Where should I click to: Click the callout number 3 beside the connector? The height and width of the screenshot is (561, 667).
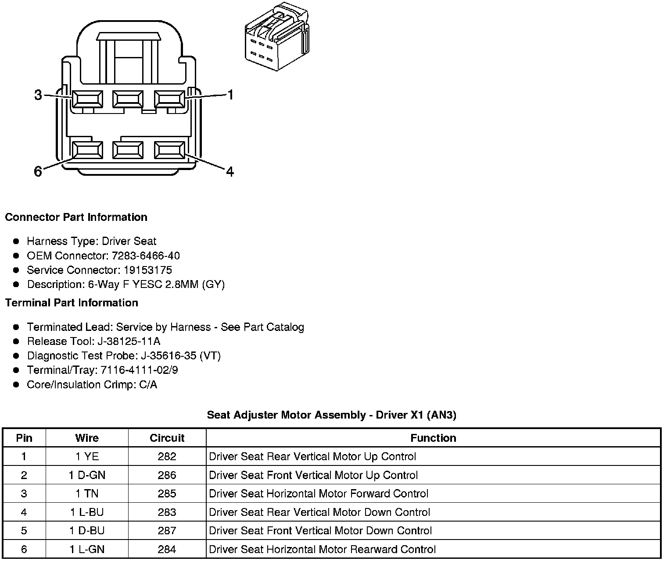(x=38, y=95)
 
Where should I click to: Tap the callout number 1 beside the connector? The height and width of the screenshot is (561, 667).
(x=230, y=95)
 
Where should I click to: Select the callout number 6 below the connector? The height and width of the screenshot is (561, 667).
(x=38, y=171)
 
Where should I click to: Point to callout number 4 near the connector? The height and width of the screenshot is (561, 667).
(x=230, y=171)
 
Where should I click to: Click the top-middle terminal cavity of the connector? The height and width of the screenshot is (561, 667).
(x=127, y=99)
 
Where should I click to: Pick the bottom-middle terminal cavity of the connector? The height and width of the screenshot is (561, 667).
(x=127, y=150)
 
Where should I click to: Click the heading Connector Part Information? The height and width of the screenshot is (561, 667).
(x=76, y=217)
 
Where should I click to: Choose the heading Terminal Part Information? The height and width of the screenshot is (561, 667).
(x=72, y=303)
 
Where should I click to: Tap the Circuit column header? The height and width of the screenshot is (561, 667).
(x=167, y=438)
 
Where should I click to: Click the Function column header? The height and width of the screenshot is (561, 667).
(x=433, y=438)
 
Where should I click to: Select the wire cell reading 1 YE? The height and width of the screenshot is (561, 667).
(x=87, y=457)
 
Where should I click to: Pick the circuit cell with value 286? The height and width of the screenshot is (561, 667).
(x=167, y=475)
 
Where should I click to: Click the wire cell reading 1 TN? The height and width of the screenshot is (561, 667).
(x=87, y=494)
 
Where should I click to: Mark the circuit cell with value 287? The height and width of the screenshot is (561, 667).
(x=167, y=531)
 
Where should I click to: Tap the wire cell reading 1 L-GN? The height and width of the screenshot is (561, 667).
(x=87, y=549)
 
